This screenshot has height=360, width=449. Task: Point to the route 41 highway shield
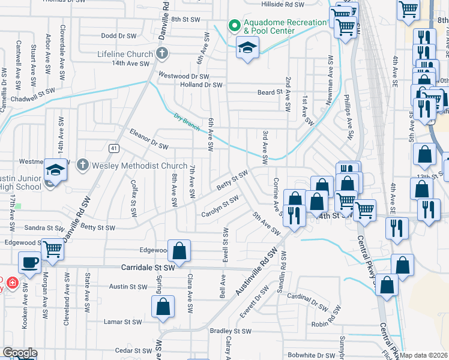pos(113,148)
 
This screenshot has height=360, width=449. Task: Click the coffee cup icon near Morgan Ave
pos(29,262)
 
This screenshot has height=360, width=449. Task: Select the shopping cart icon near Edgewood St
pos(53,247)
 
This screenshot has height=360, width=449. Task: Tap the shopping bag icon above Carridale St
pos(179,251)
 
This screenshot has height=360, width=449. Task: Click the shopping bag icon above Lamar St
pos(163,306)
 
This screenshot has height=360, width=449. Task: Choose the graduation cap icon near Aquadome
pos(247,47)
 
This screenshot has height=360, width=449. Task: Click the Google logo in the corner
pos(20,353)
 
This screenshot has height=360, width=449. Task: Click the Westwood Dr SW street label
pos(182,76)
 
